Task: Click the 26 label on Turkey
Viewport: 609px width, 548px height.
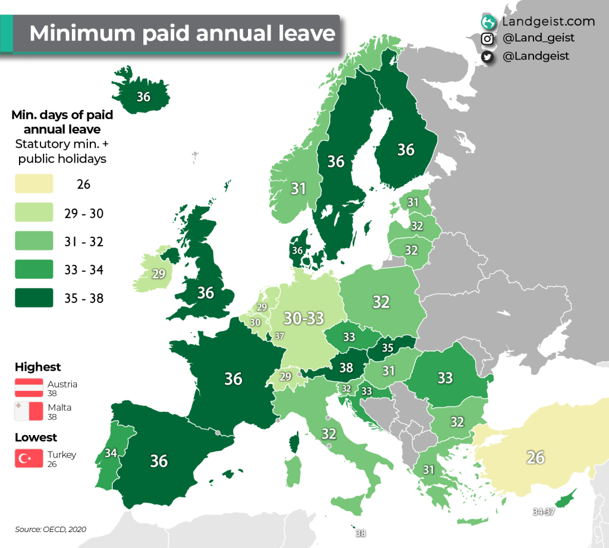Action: point(535,457)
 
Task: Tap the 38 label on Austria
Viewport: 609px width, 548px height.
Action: point(346,368)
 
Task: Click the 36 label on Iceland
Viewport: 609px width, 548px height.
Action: point(143,96)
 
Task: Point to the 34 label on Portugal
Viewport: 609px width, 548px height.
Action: point(110,453)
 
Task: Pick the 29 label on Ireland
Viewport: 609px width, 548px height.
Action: point(158,274)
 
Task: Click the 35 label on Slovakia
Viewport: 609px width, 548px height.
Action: point(387,347)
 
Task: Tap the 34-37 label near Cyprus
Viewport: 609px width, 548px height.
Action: point(545,512)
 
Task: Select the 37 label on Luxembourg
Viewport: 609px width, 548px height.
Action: point(280,336)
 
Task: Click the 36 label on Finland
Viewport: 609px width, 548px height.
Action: point(406,149)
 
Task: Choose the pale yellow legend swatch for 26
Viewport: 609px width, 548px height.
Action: point(34,184)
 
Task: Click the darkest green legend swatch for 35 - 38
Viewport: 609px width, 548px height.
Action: point(34,298)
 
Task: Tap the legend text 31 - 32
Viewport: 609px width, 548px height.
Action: point(83,242)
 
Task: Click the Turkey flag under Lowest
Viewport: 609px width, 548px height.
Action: point(29,459)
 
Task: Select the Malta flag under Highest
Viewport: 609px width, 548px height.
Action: point(29,411)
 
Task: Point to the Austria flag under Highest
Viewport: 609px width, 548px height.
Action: point(29,387)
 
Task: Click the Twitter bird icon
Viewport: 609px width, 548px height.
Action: point(488,57)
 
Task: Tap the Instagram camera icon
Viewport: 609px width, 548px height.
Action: point(488,39)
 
